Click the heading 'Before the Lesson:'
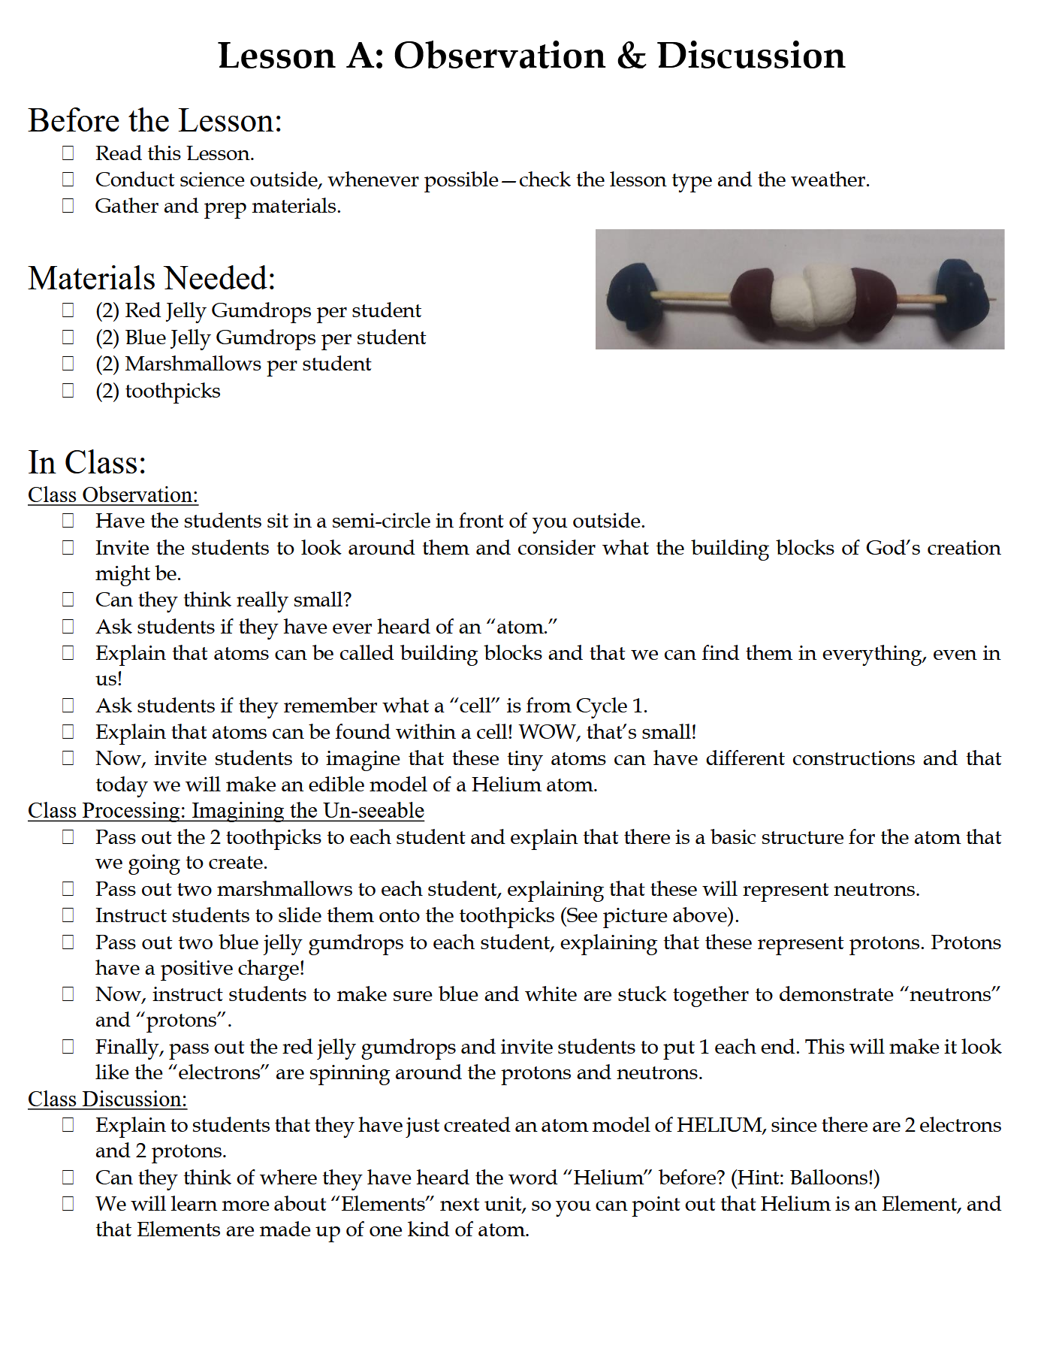point(155,121)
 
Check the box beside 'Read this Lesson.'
point(68,153)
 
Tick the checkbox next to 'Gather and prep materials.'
point(68,206)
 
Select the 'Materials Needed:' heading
point(152,278)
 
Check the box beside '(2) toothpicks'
point(68,391)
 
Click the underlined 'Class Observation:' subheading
point(113,495)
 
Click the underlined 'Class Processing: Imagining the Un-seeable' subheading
point(225,811)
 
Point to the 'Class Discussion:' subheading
point(107,1099)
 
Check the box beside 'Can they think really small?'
point(68,600)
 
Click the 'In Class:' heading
point(87,462)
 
